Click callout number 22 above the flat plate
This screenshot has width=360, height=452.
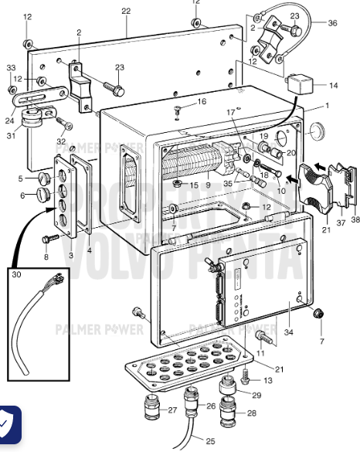pos(126,11)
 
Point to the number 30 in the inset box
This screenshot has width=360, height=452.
pos(18,275)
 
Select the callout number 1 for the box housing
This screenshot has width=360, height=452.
pos(327,104)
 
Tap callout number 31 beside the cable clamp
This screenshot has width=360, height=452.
pos(11,137)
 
